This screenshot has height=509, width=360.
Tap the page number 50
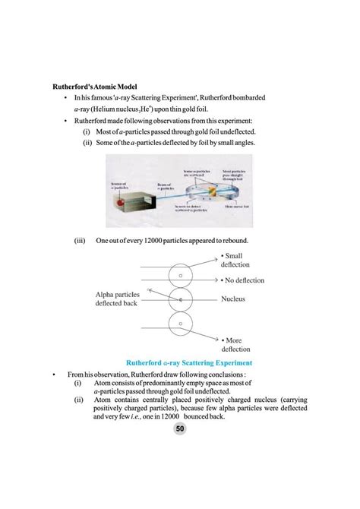(180, 429)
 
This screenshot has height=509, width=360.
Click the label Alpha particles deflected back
(118, 299)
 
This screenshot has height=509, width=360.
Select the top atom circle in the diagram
(181, 274)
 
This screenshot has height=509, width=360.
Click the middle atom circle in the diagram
(181, 302)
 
